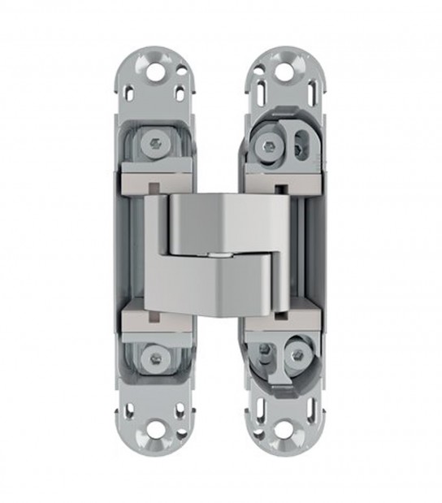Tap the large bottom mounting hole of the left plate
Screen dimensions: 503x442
[x=154, y=429]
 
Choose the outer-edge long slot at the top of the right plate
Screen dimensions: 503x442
[x=305, y=85]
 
